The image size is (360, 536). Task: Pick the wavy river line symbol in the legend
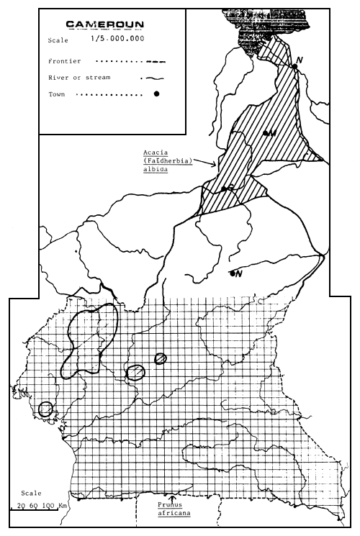(154, 78)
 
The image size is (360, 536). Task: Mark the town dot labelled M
(266, 133)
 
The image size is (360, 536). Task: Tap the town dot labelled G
(225, 188)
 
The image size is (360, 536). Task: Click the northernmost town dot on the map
(294, 66)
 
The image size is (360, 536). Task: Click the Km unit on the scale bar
(63, 507)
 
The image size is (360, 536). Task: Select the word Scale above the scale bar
(32, 494)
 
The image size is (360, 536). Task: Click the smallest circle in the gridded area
(161, 358)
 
